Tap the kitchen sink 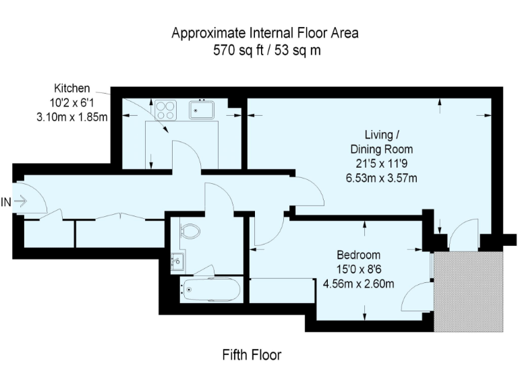202,108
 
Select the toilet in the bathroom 190,231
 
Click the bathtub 210,290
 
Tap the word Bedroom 358,255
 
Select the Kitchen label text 71,88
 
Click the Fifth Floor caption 252,354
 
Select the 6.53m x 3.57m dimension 381,179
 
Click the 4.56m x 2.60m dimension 358,284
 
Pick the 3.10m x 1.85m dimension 71,117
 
